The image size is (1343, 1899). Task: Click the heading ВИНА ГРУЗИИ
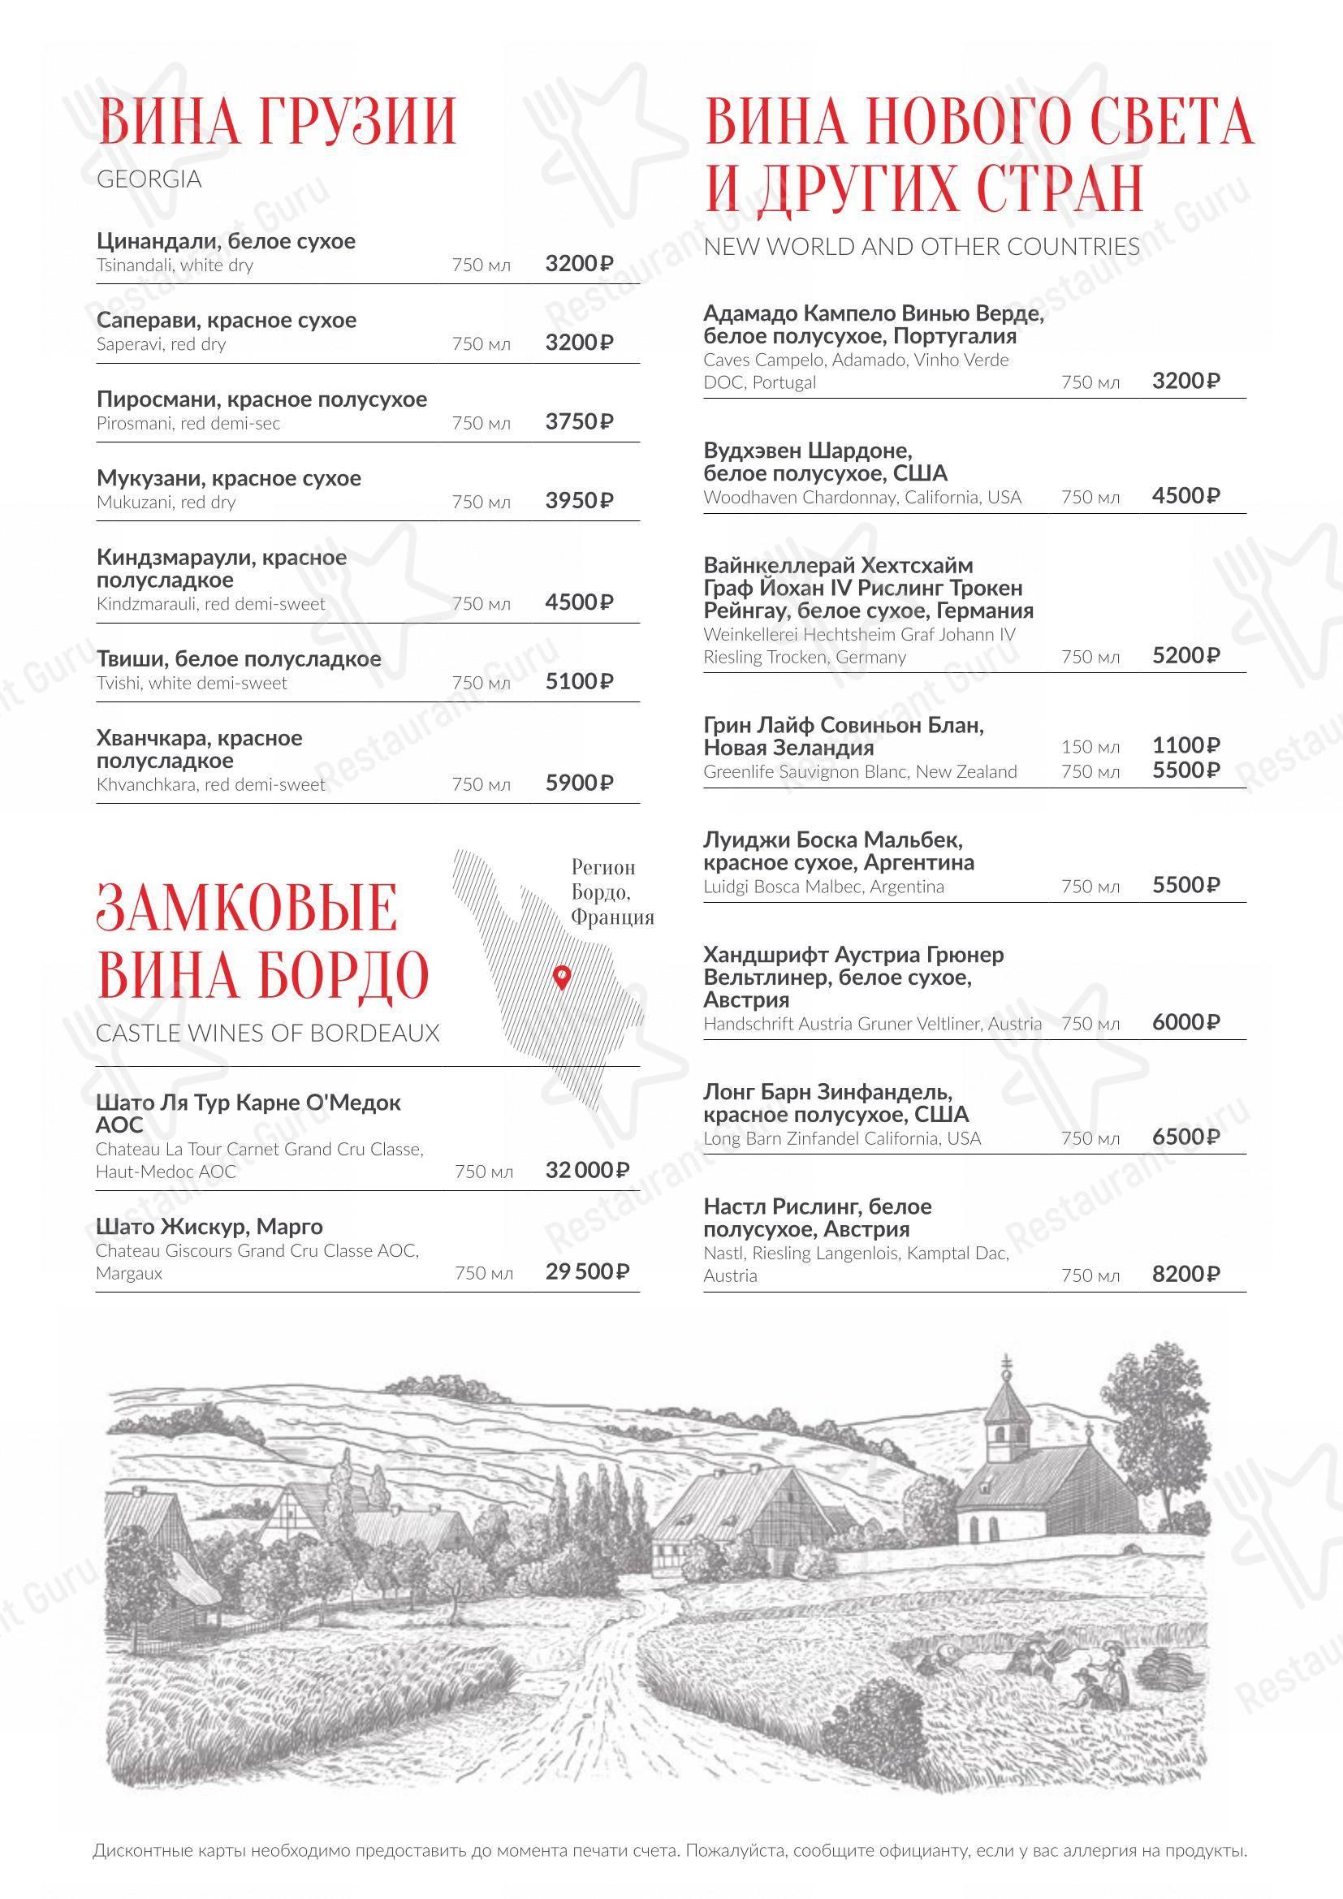276,122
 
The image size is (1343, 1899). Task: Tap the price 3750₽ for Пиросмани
579,422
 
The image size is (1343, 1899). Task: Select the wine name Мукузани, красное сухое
228,478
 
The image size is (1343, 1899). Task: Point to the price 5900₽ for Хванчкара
579,783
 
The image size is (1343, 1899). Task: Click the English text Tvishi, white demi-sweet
191,683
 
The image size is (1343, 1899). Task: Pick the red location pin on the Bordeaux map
562,976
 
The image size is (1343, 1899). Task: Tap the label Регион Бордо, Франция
612,891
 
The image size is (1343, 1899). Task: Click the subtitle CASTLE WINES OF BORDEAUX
267,1033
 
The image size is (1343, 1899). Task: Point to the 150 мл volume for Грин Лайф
1090,747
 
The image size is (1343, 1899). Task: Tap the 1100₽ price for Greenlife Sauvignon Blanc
1185,745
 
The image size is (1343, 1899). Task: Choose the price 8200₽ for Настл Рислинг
1185,1274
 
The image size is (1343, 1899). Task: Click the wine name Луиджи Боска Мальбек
833,839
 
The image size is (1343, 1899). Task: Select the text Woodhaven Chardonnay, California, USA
862,497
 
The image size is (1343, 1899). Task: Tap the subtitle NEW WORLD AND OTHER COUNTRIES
922,247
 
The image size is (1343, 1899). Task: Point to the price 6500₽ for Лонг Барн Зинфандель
1185,1137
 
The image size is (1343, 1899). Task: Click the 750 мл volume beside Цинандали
481,265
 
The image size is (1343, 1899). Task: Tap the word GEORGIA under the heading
149,179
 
